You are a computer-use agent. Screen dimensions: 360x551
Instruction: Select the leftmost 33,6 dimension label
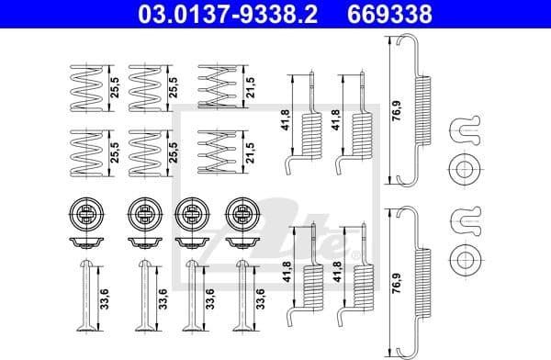coord(107,299)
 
